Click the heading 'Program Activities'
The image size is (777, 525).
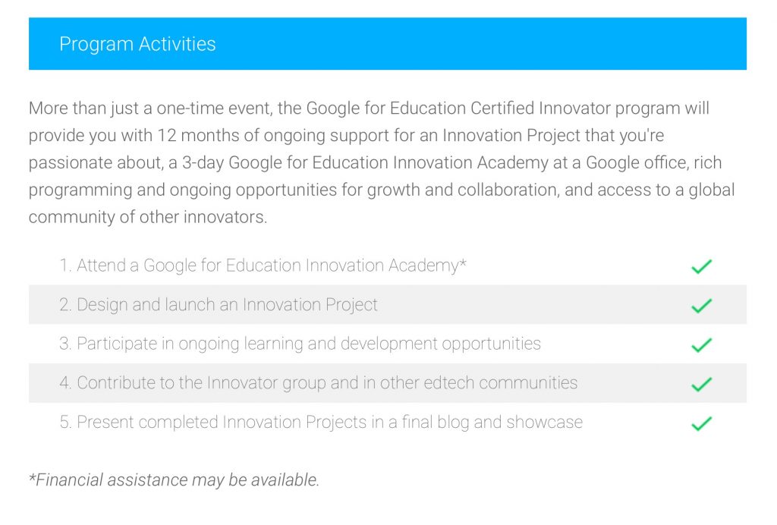tap(137, 44)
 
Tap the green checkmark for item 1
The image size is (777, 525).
tap(701, 266)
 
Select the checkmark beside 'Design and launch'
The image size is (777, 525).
tap(701, 306)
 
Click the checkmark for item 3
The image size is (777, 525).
tap(701, 344)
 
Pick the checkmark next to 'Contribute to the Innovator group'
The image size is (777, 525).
tap(701, 384)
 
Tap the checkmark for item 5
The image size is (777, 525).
tap(701, 423)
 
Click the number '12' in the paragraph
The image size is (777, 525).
tap(167, 135)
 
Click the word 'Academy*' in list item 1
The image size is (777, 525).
tap(427, 266)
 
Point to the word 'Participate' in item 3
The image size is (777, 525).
tap(117, 344)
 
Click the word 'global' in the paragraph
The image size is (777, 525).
tap(712, 190)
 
